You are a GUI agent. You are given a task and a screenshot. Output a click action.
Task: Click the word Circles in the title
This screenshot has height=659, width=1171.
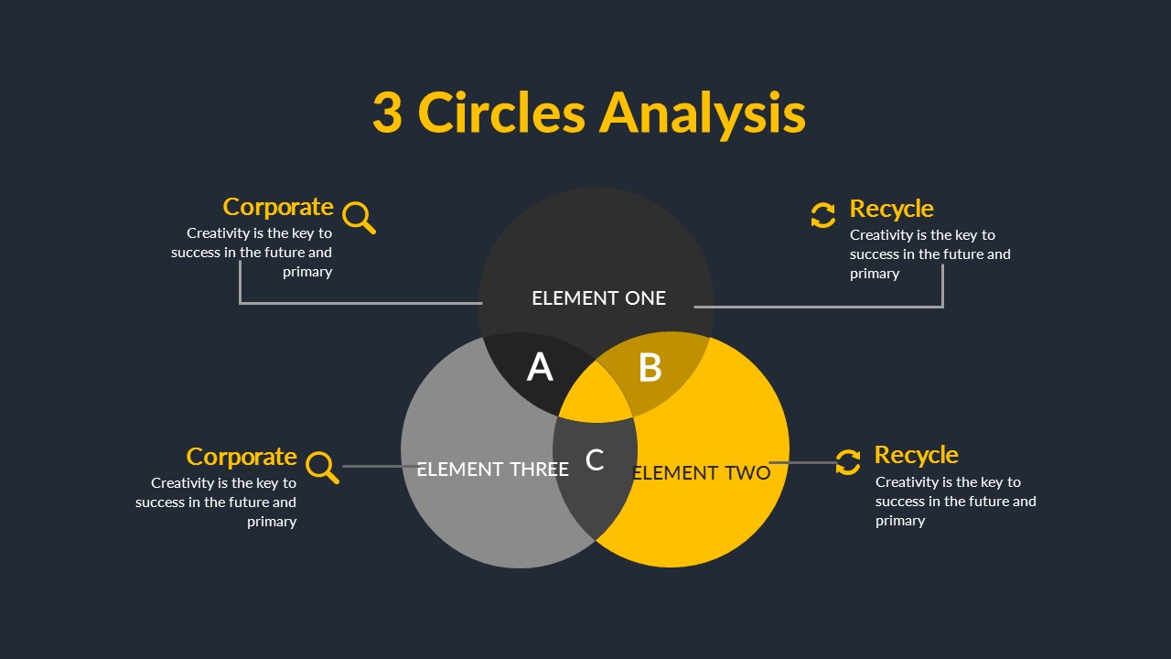click(501, 113)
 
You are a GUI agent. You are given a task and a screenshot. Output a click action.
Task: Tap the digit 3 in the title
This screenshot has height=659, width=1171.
click(387, 113)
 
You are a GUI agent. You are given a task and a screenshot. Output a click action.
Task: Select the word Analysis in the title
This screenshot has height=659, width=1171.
click(703, 113)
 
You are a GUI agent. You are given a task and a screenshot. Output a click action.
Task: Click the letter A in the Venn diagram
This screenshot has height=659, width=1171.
click(540, 368)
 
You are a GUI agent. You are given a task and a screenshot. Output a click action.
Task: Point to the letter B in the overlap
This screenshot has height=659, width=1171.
click(650, 368)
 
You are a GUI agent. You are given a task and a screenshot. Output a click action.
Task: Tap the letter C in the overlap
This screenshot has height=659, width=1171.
click(595, 460)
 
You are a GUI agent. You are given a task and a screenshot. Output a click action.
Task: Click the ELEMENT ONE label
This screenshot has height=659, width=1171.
click(598, 298)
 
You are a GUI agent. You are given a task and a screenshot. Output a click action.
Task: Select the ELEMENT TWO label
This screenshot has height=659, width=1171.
click(702, 473)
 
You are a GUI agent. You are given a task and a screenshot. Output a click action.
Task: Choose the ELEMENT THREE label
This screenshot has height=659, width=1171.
click(492, 470)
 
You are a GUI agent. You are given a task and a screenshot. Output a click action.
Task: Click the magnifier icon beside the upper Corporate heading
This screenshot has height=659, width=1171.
click(359, 218)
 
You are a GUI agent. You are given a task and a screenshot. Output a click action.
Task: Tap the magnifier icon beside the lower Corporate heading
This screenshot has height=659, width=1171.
click(322, 467)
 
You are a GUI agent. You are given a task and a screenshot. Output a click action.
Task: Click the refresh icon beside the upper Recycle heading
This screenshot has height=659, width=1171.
click(822, 215)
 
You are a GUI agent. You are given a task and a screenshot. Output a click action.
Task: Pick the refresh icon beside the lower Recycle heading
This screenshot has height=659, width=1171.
click(848, 461)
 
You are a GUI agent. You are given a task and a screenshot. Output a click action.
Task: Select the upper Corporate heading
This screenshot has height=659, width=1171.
click(278, 207)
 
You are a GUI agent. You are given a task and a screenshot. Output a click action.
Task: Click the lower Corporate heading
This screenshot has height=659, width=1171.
click(242, 457)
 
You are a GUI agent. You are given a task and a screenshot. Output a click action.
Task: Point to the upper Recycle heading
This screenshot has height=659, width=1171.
click(891, 209)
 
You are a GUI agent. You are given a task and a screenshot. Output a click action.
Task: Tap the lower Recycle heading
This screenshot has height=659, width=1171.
click(916, 455)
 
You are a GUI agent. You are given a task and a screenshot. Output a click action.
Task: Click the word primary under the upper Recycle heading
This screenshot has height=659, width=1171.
click(875, 274)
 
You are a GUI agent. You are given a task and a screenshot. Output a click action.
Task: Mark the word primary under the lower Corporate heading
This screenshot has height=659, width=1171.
click(272, 522)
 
